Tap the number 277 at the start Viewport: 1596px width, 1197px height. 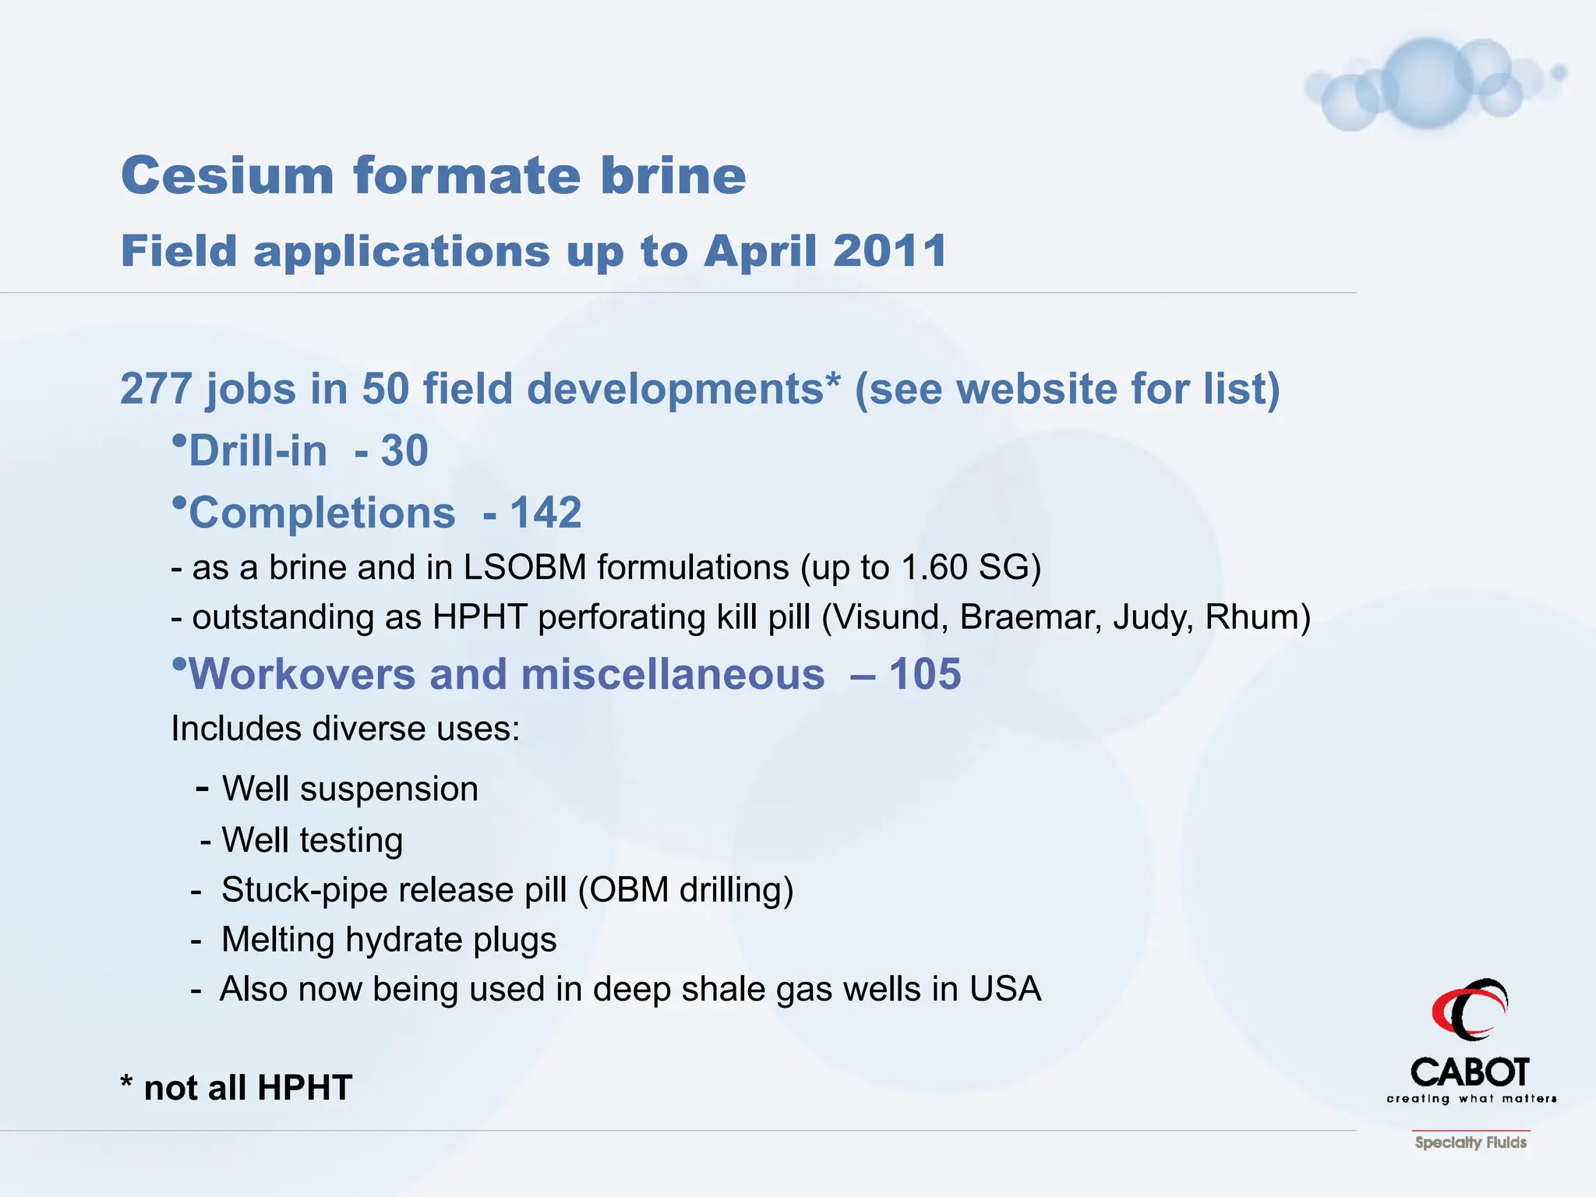click(x=156, y=388)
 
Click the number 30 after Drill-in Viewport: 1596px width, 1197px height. click(x=404, y=450)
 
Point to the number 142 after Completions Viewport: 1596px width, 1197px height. click(x=546, y=513)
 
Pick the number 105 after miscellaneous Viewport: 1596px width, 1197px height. click(x=925, y=673)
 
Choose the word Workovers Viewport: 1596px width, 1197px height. click(x=302, y=673)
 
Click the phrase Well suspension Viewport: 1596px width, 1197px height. click(x=350, y=789)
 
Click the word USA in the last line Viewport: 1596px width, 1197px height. click(x=1005, y=989)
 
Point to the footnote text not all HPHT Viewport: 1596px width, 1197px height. click(x=248, y=1088)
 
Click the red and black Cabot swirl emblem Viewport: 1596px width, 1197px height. click(x=1470, y=1010)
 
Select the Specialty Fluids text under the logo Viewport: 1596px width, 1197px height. click(x=1471, y=1142)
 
